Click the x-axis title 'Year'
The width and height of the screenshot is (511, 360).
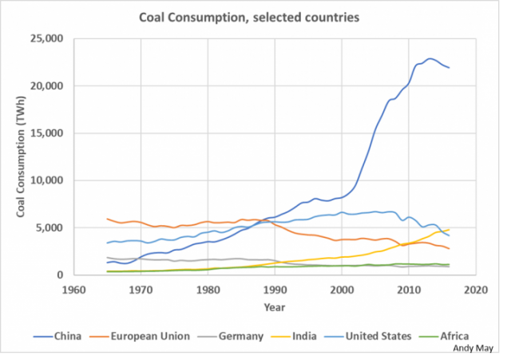click(x=275, y=307)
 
